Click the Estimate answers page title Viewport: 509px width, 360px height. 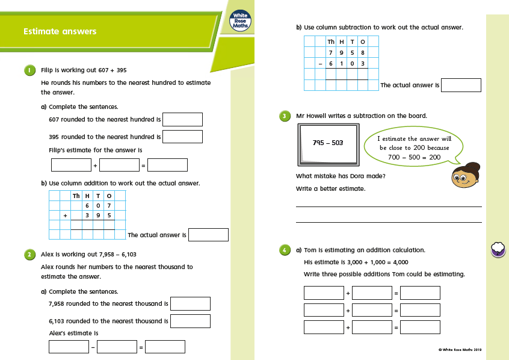(x=60, y=31)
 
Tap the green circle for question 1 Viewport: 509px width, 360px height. (x=29, y=70)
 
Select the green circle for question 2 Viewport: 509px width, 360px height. (x=29, y=255)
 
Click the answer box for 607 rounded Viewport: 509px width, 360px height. (x=182, y=119)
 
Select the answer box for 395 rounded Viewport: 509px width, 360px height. (x=182, y=137)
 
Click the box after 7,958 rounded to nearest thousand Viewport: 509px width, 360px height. (x=190, y=304)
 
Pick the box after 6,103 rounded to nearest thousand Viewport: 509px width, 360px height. (x=190, y=321)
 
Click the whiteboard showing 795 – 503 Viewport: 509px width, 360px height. (x=328, y=143)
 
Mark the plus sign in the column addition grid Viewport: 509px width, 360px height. (x=65, y=215)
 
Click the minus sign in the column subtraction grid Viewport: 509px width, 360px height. (x=321, y=63)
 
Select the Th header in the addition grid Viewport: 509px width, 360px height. (x=76, y=196)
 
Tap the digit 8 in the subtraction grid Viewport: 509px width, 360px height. (x=362, y=52)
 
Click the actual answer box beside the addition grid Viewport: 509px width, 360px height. (x=208, y=235)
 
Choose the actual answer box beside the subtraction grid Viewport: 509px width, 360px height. (x=461, y=85)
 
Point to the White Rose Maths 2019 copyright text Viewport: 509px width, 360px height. (x=460, y=349)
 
